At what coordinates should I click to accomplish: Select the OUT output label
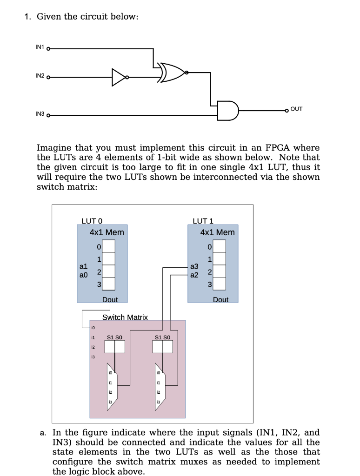click(296, 109)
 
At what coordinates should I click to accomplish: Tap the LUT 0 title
click(92, 221)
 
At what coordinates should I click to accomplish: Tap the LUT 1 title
click(203, 221)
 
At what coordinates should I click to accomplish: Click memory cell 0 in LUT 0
click(108, 246)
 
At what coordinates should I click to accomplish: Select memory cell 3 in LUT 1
click(220, 284)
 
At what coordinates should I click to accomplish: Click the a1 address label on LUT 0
click(83, 267)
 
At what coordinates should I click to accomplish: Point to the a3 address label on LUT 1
click(194, 266)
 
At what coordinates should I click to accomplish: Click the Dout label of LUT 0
click(110, 300)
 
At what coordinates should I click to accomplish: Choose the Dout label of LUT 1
click(220, 300)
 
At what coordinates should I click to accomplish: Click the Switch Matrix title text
click(125, 317)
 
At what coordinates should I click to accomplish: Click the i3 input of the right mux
click(159, 402)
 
